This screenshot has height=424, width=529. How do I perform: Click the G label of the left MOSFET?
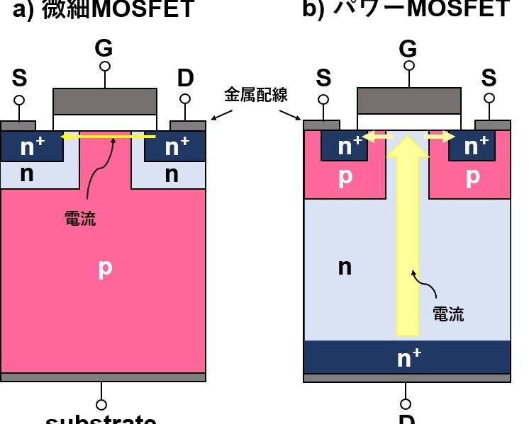pos(104,48)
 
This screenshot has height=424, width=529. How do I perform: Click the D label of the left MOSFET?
pos(185,79)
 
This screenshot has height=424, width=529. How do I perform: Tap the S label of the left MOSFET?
pos(19,79)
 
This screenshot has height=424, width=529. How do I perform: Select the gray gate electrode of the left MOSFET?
pos(105,101)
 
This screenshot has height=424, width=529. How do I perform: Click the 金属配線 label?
pos(256,95)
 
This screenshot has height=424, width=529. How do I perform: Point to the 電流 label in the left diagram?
pos(79,219)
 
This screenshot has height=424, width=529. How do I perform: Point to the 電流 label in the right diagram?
pos(448,314)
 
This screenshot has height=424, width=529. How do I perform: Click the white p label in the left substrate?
pos(105,267)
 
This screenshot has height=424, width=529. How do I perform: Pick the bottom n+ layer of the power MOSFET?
pos(407,357)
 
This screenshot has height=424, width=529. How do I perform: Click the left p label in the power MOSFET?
pos(345,178)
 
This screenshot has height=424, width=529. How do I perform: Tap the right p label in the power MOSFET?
pos(472,178)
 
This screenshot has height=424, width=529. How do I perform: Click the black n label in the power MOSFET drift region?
pos(345,267)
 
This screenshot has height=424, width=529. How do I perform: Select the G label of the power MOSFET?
pos(407,48)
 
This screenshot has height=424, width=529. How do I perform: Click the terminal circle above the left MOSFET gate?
pos(104,66)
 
